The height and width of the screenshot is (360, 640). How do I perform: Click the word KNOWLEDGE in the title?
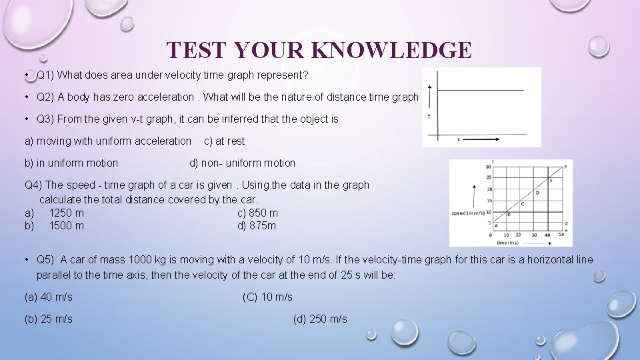[x=391, y=51]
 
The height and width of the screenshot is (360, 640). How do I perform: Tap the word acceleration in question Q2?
[x=165, y=97]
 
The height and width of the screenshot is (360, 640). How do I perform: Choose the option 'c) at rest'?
[x=224, y=141]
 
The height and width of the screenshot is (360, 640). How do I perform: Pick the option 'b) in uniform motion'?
[x=71, y=163]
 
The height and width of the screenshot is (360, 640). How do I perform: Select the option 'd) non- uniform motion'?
[x=242, y=163]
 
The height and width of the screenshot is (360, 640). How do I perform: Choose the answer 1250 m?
[x=67, y=213]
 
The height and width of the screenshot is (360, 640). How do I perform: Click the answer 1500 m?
[x=67, y=225]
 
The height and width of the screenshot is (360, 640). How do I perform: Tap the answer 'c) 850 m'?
[x=257, y=213]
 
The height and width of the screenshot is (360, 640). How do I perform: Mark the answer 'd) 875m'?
[x=257, y=225]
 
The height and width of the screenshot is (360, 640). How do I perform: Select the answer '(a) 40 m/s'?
[x=49, y=297]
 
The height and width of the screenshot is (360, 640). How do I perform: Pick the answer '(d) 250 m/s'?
[x=320, y=319]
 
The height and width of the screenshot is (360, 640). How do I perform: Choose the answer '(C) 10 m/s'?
[x=267, y=297]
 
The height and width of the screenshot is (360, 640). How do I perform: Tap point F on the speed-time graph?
[x=565, y=167]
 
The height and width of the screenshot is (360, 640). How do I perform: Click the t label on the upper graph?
[x=459, y=140]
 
